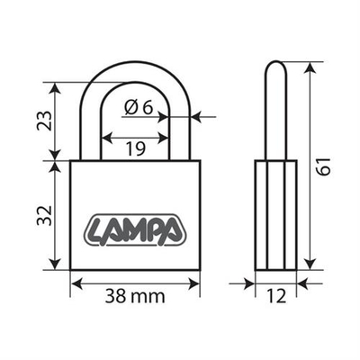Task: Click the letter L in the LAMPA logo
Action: (97, 229)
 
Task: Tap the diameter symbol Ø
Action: (131, 107)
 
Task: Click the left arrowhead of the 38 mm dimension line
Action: (76, 283)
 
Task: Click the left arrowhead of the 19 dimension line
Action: (103, 139)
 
